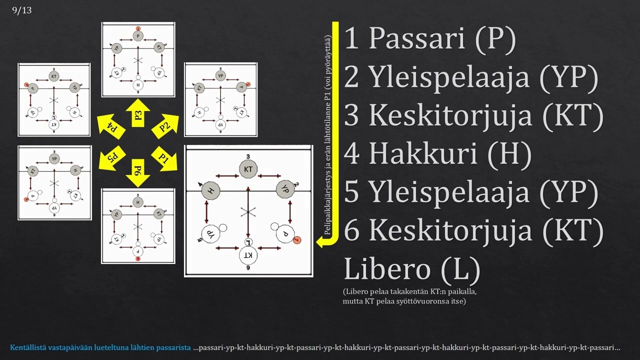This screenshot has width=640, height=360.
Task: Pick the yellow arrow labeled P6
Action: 138,172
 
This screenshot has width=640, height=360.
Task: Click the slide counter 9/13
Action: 21,10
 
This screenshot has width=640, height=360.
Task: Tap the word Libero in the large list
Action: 387,269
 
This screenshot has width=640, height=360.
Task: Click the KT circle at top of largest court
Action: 248,169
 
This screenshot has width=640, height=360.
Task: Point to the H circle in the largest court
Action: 210,190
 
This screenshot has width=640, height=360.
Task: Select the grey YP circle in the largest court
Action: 285,190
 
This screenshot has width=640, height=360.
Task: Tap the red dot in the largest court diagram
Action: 297,240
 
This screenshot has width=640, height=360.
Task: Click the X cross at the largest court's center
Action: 248,212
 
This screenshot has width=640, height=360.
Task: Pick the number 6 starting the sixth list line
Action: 352,230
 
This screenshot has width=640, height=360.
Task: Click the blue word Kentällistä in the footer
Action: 28,347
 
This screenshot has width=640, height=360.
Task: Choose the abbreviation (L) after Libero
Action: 461,269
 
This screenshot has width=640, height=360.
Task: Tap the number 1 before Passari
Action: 351,39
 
